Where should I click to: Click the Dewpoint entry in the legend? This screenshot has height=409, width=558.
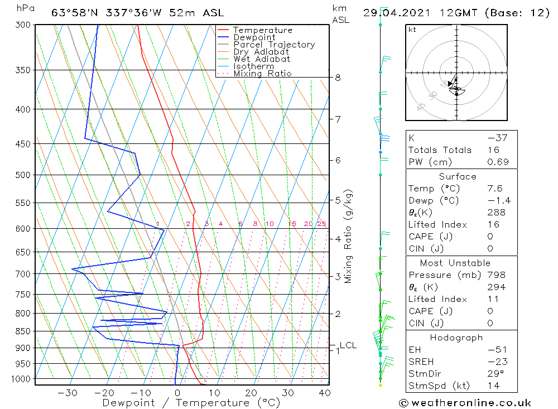pyautogui.click(x=254, y=37)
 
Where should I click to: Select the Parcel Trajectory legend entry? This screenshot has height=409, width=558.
pyautogui.click(x=274, y=45)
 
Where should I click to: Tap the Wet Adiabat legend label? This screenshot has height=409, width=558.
pyautogui.click(x=262, y=59)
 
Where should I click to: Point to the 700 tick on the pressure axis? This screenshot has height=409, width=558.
pyautogui.click(x=23, y=274)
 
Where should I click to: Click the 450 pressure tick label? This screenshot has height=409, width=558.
pyautogui.click(x=23, y=144)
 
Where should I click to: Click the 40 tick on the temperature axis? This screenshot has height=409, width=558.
pyautogui.click(x=324, y=393)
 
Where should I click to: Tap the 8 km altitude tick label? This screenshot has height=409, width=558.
pyautogui.click(x=338, y=78)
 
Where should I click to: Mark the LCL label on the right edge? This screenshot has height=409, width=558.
pyautogui.click(x=348, y=345)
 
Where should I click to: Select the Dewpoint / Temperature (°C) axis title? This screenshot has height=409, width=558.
pyautogui.click(x=191, y=403)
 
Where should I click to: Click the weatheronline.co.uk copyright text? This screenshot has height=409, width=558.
pyautogui.click(x=465, y=403)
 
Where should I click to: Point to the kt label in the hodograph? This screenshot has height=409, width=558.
pyautogui.click(x=412, y=30)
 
